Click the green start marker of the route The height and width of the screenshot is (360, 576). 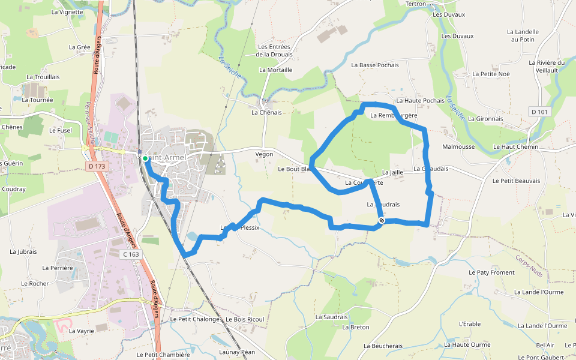tap(145, 158)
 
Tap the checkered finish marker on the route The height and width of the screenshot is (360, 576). tap(382, 221)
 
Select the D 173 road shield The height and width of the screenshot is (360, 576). tap(95, 166)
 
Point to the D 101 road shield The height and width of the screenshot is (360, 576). tap(540, 112)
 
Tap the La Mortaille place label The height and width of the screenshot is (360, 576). tap(275, 70)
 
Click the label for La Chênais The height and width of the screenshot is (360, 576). tap(266, 112)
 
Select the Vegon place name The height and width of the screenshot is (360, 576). tap(264, 154)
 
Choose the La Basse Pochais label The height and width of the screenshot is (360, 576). tap(375, 65)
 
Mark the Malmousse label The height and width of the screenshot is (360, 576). tap(458, 146)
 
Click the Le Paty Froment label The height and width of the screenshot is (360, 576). tap(491, 272)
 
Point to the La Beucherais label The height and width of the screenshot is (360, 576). tap(383, 346)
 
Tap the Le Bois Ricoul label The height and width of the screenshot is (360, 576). tap(244, 319)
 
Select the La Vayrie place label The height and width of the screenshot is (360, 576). tap(82, 331)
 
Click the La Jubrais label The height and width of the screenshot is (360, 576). tap(23, 252)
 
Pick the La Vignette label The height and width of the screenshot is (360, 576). tap(67, 11)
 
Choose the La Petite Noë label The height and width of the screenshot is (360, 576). tap(491, 74)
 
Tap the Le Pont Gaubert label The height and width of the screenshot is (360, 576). tap(541, 358)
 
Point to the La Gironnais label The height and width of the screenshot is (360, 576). tap(485, 118)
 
